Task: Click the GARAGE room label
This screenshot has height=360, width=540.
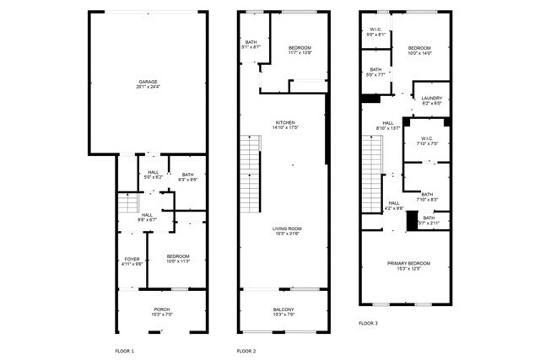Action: coord(148,81)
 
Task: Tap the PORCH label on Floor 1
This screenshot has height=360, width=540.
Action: coord(161,309)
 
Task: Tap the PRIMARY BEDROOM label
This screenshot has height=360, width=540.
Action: coord(408,263)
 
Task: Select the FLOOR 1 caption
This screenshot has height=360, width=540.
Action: coord(124,350)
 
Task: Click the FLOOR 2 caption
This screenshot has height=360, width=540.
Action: coord(246,350)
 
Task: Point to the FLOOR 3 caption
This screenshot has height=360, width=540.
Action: coord(368,323)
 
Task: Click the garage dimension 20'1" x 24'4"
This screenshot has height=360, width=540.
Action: coord(148,87)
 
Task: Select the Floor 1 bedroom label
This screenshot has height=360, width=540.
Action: coord(177,256)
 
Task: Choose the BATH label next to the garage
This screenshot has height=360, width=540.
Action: coord(186,175)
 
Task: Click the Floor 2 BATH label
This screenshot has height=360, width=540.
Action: coord(251,42)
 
